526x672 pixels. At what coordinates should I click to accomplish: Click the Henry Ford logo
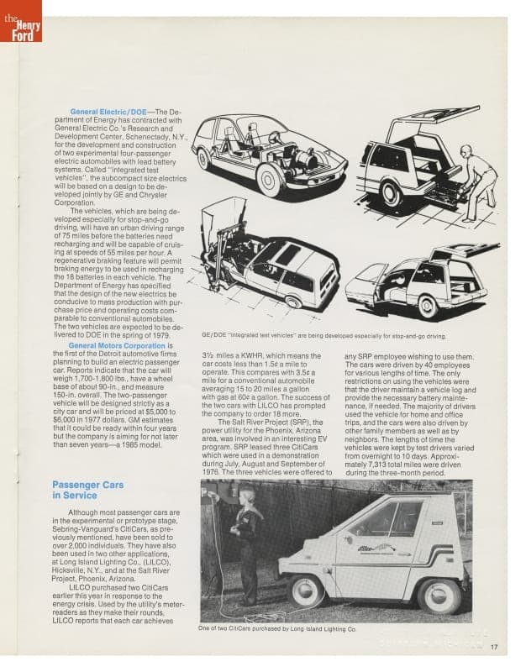[x=20, y=20]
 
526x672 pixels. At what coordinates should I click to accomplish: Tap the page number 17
[x=495, y=646]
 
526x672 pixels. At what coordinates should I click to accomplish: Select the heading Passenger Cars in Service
[x=88, y=491]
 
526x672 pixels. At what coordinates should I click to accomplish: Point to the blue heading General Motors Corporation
[x=117, y=345]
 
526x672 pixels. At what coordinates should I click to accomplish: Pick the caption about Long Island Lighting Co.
[x=277, y=628]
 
